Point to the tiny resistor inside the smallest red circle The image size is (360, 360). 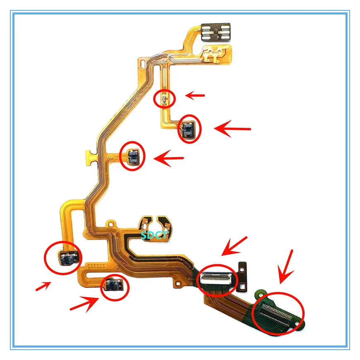pos(164,99)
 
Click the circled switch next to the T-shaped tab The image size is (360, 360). pos(133,156)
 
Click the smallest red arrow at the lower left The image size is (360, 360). pos(43,286)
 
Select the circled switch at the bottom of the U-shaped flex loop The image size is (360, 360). pos(113,285)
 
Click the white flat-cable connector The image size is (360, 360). pos(216,278)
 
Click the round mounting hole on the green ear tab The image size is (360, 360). pos(260,292)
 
